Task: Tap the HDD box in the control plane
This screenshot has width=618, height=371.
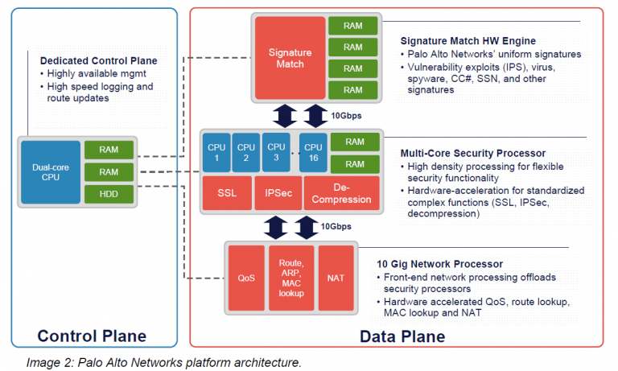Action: pyautogui.click(x=109, y=194)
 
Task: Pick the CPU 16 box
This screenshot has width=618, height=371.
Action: pyautogui.click(x=313, y=153)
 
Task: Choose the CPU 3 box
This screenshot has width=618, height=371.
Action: pyautogui.click(x=276, y=153)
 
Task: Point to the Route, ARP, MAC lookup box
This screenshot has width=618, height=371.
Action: pyautogui.click(x=290, y=278)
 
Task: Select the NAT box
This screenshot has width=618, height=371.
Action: pyautogui.click(x=336, y=278)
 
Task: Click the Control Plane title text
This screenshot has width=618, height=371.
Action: pyautogui.click(x=93, y=336)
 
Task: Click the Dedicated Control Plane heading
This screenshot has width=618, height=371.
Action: pyautogui.click(x=98, y=60)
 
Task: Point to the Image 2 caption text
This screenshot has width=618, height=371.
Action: pyautogui.click(x=164, y=362)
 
